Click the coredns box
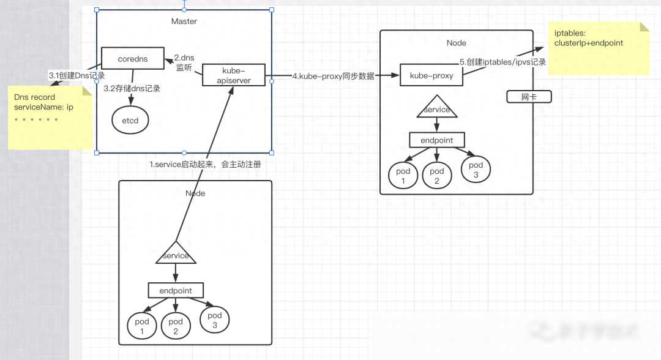click(x=132, y=59)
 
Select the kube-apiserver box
click(x=234, y=75)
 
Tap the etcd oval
click(x=130, y=120)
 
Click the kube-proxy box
click(x=431, y=77)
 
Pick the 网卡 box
click(x=529, y=97)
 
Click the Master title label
click(x=184, y=21)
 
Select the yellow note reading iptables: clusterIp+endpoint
click(x=598, y=48)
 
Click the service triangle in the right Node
click(x=436, y=108)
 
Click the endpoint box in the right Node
click(x=436, y=140)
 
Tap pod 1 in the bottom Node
click(x=142, y=326)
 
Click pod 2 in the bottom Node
click(x=176, y=326)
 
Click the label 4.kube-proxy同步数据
click(x=332, y=76)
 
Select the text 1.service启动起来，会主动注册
click(x=209, y=165)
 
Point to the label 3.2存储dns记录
click(x=132, y=89)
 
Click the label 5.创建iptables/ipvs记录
click(x=502, y=62)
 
